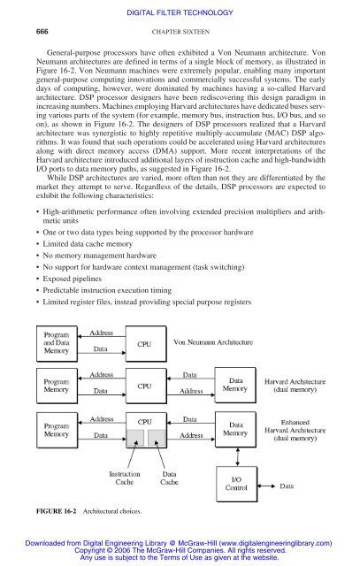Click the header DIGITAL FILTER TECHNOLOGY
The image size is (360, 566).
(x=180, y=10)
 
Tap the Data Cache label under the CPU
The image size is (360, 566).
(x=172, y=480)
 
